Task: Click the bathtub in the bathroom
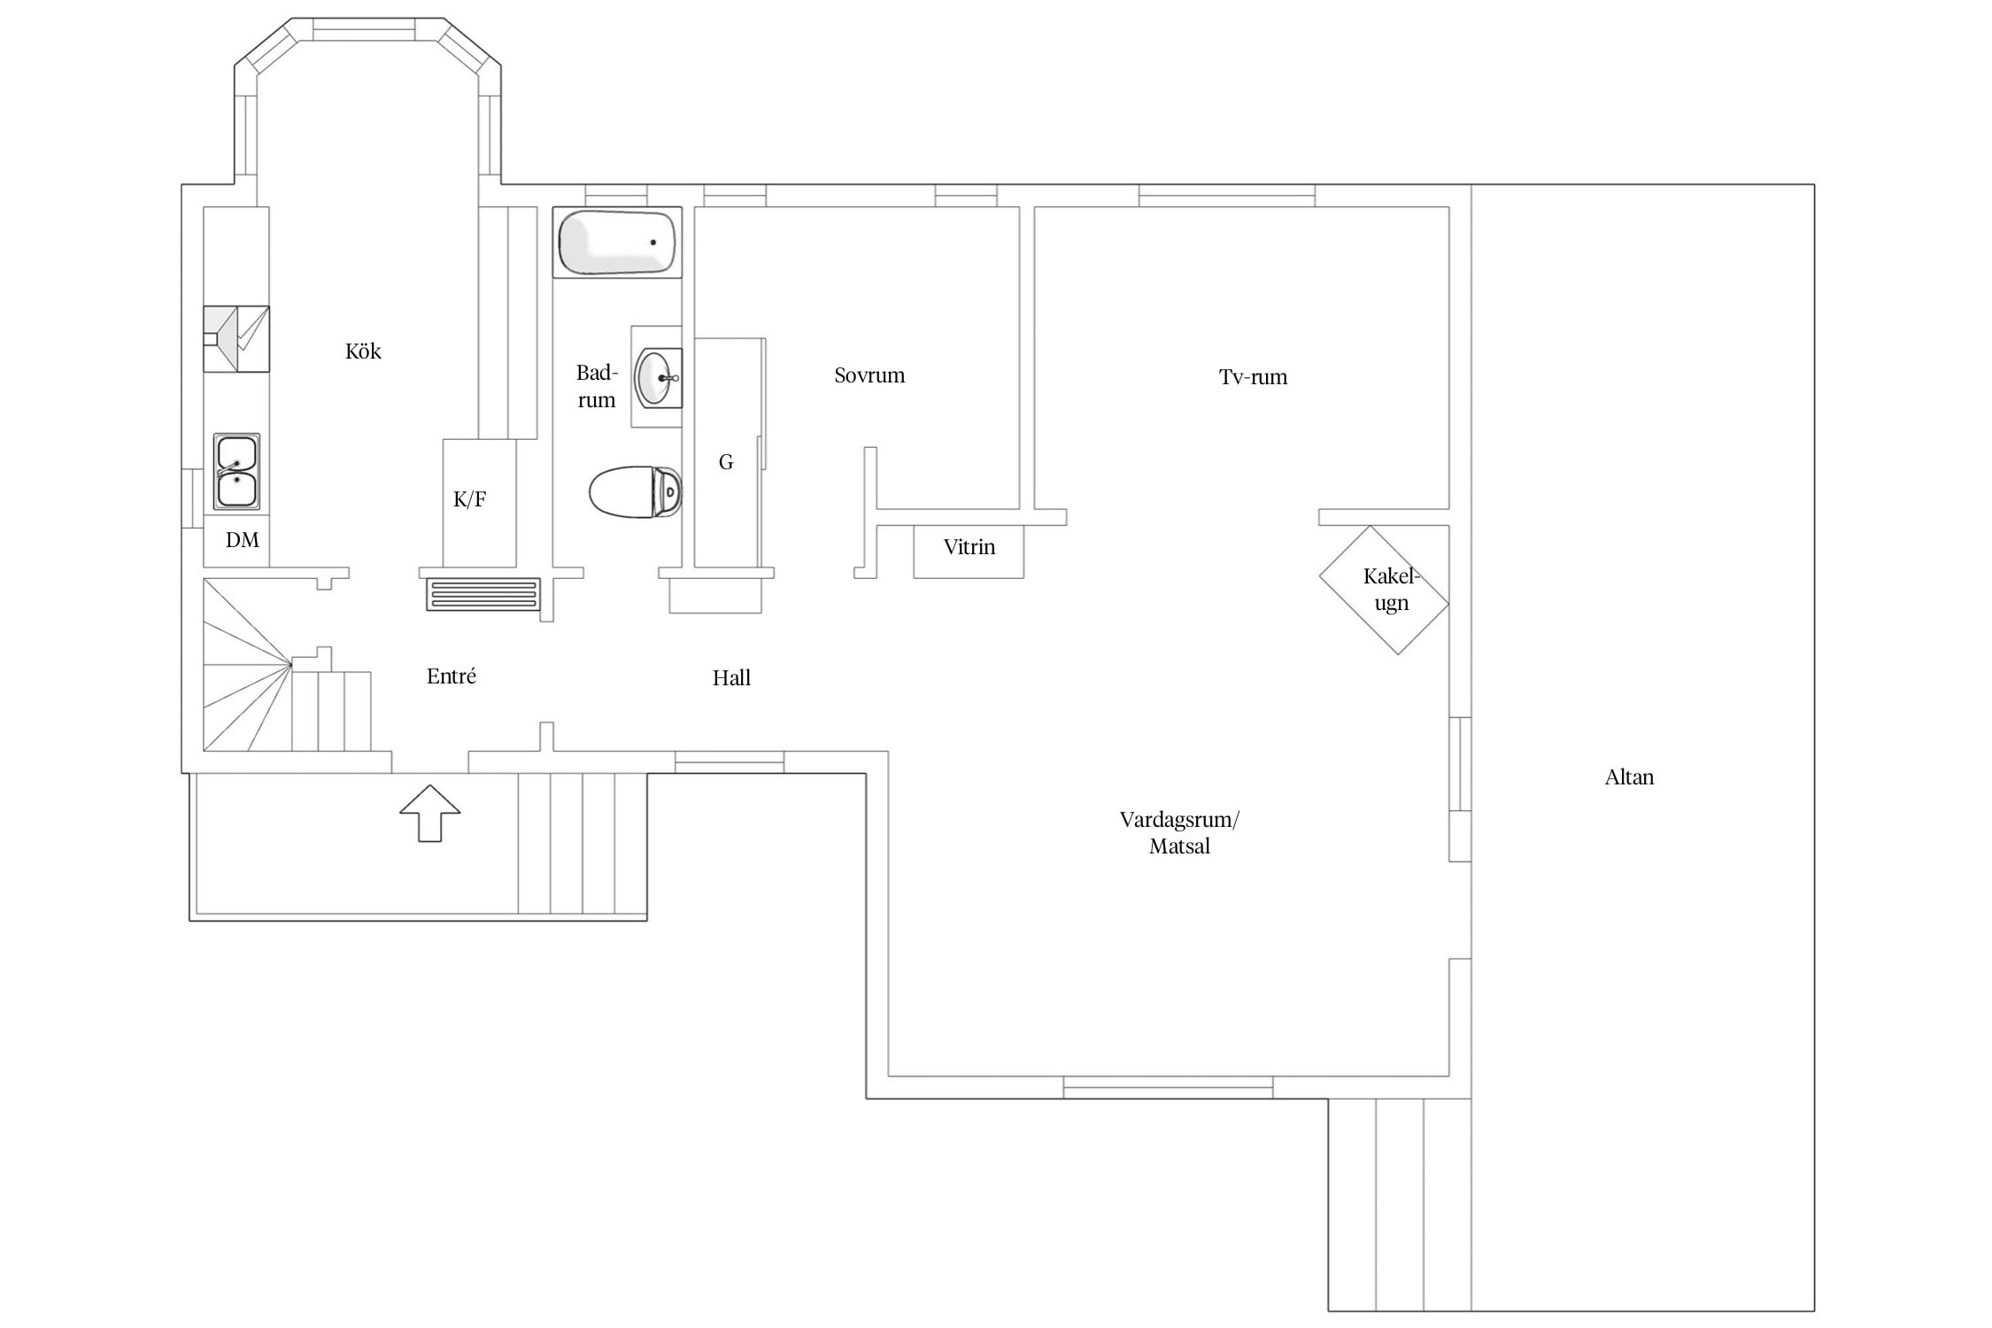(617, 242)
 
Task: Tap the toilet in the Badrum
(636, 492)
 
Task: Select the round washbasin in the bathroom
(658, 378)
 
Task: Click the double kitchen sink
(236, 472)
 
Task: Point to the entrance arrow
(430, 813)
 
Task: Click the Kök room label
(363, 351)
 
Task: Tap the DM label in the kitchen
(242, 540)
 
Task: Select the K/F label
(469, 499)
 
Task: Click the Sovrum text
(869, 375)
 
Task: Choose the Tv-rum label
(1253, 377)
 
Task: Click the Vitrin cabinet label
(969, 547)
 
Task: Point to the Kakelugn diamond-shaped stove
(1384, 591)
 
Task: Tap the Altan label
(1629, 777)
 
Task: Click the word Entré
(452, 676)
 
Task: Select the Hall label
(731, 678)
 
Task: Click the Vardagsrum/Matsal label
(1179, 833)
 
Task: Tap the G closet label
(726, 462)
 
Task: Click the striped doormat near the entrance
(483, 595)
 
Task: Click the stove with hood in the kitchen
(236, 339)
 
